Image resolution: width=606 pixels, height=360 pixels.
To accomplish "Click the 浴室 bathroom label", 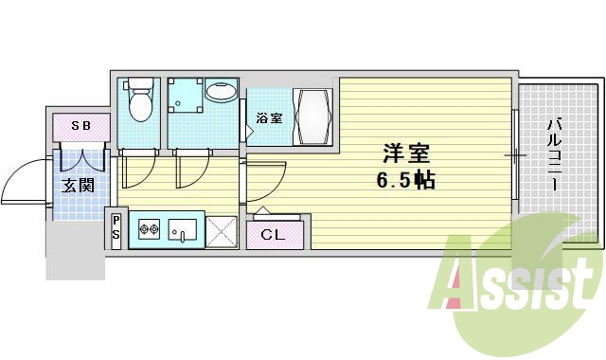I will pos(269,119).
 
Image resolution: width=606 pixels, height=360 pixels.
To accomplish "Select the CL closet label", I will pos(274,233).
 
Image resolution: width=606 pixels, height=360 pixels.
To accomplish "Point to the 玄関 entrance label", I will pos(79,186).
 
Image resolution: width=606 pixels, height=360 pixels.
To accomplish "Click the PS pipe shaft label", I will pos(116,228).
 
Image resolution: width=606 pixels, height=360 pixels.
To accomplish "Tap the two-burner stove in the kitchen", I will pos(147,228).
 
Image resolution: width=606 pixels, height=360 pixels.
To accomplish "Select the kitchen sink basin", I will pos(183,228).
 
